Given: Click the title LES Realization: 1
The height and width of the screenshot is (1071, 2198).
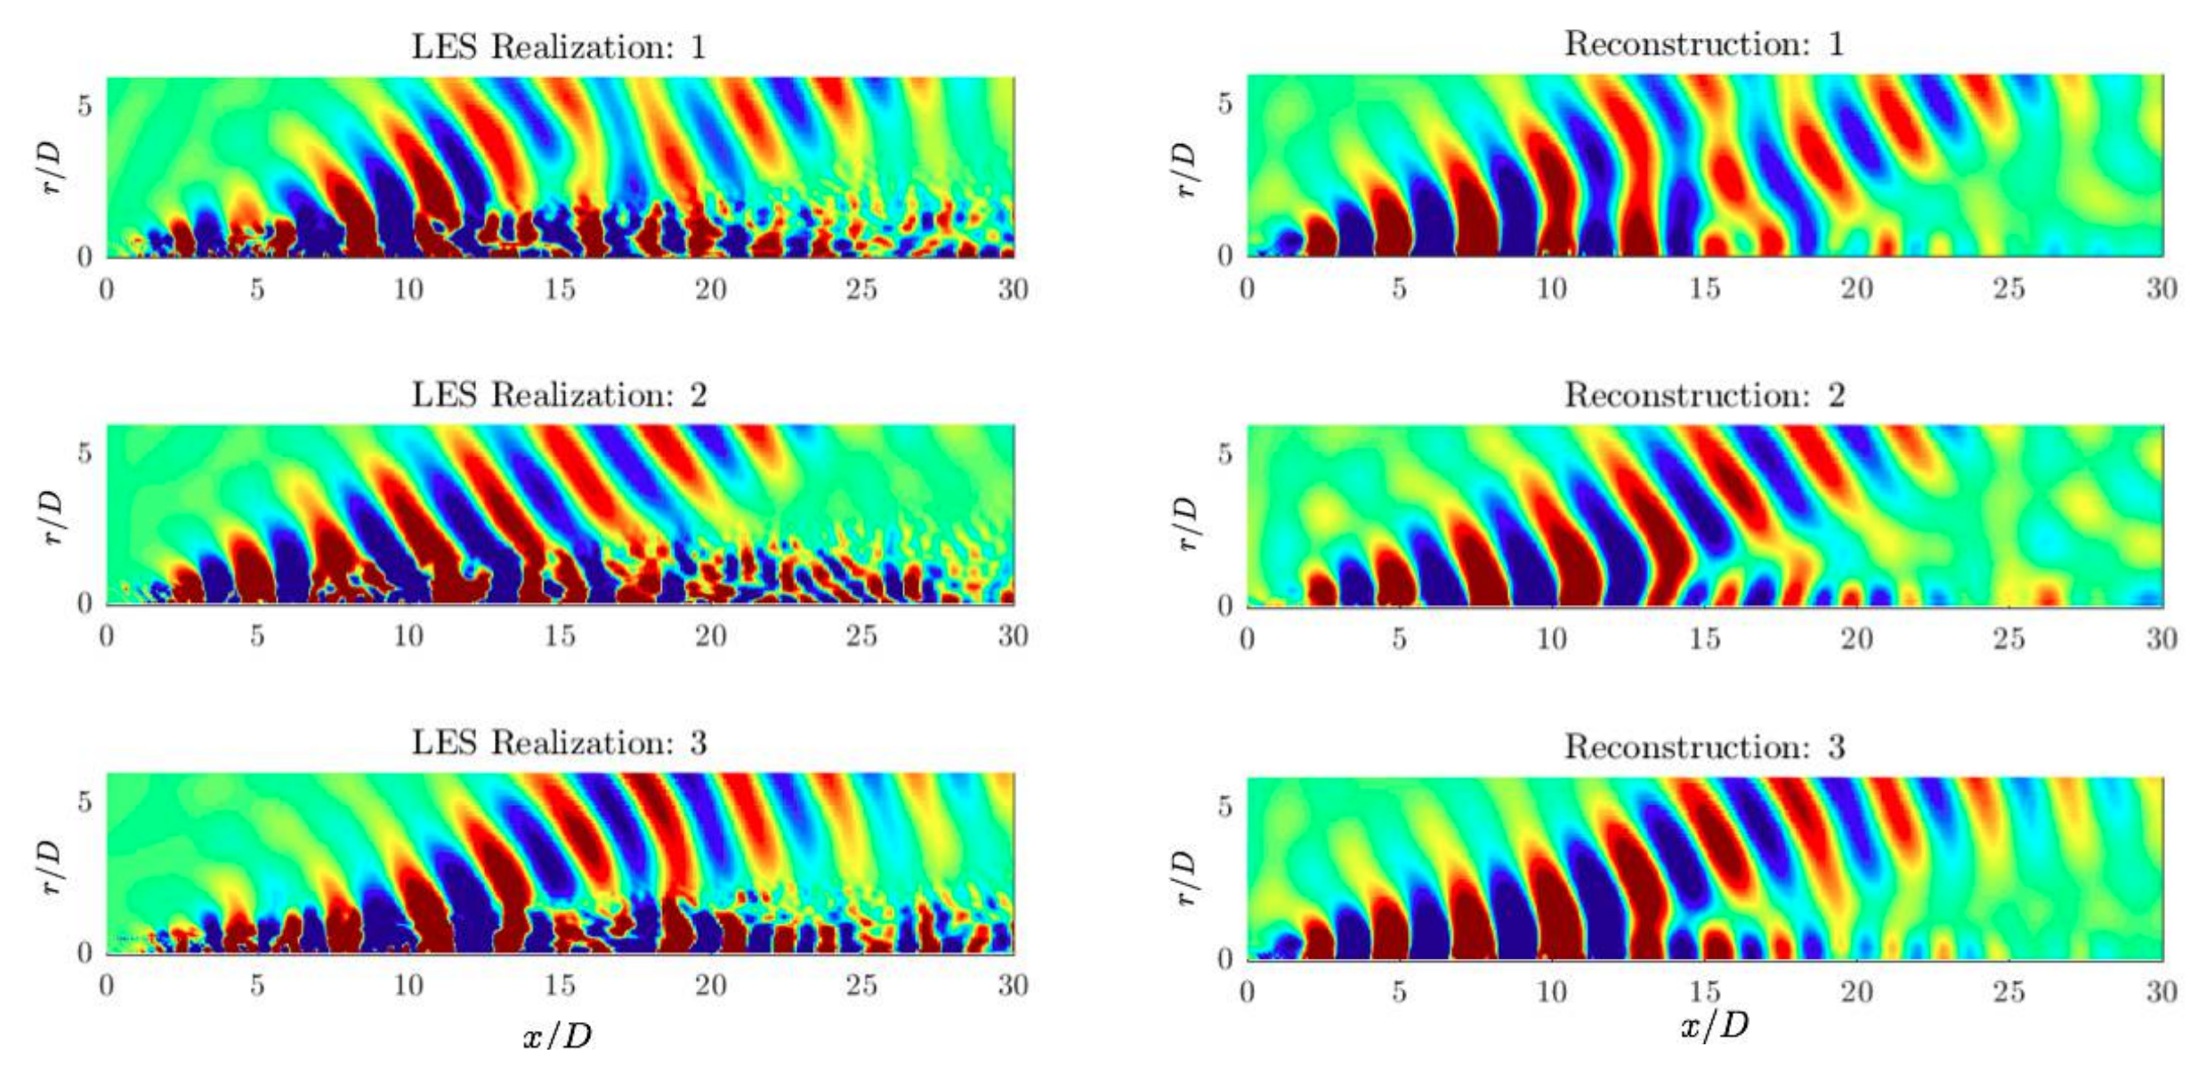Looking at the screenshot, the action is pos(559,47).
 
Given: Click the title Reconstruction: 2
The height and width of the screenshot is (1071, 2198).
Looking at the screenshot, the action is pos(1704,395).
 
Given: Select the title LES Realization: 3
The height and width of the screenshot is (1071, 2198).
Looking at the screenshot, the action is pos(559,743).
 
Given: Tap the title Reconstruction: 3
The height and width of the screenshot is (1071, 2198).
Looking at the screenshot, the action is pos(1704,746).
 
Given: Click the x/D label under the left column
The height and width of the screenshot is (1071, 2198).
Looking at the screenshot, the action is pos(557,1035).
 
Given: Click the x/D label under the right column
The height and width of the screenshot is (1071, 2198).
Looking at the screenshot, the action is pos(1714,1026).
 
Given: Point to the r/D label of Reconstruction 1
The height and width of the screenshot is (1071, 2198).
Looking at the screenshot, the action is pos(1184,169).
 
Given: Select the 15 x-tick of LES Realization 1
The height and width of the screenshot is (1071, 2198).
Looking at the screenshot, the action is pos(560,289).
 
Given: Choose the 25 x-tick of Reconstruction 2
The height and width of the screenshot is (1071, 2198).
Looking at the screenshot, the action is pos(2008,639).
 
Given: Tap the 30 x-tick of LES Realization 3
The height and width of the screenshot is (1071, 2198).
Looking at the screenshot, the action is pos(1013,985).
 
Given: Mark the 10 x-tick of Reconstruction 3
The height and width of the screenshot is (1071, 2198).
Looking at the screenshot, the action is pos(1551,991).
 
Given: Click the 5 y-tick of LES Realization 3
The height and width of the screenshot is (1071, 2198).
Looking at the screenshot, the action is pos(85,801).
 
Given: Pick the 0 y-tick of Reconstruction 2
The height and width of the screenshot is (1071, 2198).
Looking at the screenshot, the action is pos(1224,606).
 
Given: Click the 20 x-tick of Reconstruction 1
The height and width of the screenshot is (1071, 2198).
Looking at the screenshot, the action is pos(1856,288).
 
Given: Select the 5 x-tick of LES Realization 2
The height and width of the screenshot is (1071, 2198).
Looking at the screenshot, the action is pos(257,636).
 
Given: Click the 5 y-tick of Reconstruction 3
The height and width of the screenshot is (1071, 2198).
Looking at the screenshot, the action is pos(1224,806).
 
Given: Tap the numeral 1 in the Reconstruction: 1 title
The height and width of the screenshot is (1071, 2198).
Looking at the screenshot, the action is pos(1836,44).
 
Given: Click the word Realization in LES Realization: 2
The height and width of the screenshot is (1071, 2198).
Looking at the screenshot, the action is pos(583,395).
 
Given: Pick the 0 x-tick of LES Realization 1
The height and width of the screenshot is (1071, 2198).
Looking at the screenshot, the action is pos(107,289).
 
